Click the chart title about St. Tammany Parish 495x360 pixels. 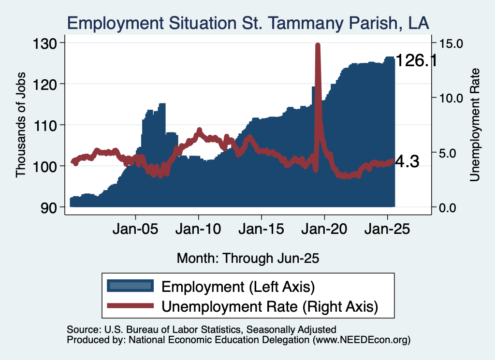248,23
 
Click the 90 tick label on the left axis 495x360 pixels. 49,208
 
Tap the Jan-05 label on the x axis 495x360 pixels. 135,229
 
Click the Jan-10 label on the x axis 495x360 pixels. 198,229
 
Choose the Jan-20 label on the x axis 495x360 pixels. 324,229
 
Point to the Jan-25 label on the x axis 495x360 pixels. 387,229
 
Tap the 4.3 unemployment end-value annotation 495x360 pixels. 407,161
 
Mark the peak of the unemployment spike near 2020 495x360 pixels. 318,45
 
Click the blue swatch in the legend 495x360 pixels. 131,286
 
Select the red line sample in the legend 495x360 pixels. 131,306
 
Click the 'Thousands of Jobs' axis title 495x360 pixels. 20,125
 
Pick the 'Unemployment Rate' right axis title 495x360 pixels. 475,125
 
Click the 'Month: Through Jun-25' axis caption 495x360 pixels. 248,259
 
